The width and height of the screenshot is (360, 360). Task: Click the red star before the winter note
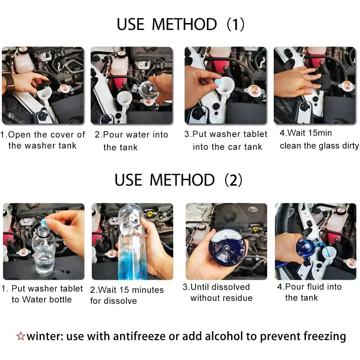pos(21,336)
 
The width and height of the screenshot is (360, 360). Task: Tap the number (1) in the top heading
pos(236,24)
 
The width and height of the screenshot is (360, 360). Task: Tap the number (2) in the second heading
pos(233,180)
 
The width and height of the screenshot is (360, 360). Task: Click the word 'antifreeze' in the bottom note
pos(139,336)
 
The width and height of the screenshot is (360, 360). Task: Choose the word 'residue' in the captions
pos(238,298)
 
